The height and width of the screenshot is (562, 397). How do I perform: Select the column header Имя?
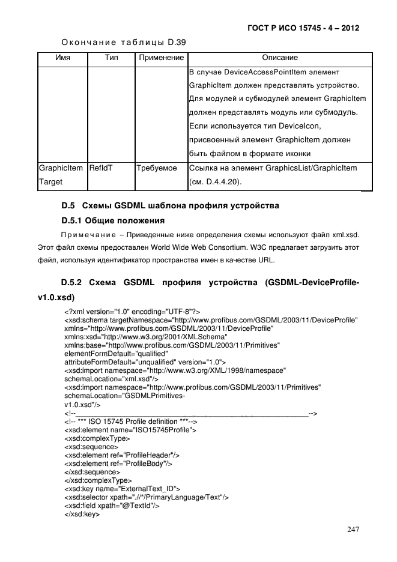pos(62,58)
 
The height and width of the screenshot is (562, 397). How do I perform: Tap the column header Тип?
pos(111,58)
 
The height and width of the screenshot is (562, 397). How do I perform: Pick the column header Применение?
pos(160,58)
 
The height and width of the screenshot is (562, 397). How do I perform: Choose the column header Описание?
pos(280,58)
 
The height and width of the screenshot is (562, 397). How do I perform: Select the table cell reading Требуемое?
pos(157,169)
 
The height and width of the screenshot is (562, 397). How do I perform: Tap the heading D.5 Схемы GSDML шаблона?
pos(171,206)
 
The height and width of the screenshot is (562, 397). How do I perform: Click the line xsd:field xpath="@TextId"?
pos(111,506)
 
